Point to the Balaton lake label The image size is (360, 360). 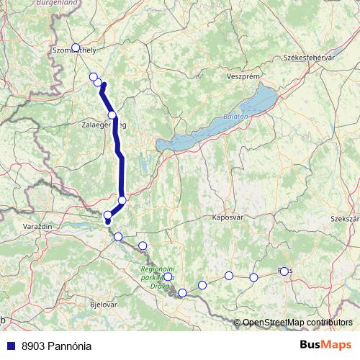(235, 115)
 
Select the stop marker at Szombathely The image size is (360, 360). (75, 48)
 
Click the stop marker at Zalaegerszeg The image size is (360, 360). (112, 115)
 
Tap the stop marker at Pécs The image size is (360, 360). (284, 271)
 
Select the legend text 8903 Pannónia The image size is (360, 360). (56, 346)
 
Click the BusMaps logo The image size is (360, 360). (325, 345)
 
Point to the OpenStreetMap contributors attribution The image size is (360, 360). (297, 322)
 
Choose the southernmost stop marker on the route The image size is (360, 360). (183, 292)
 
